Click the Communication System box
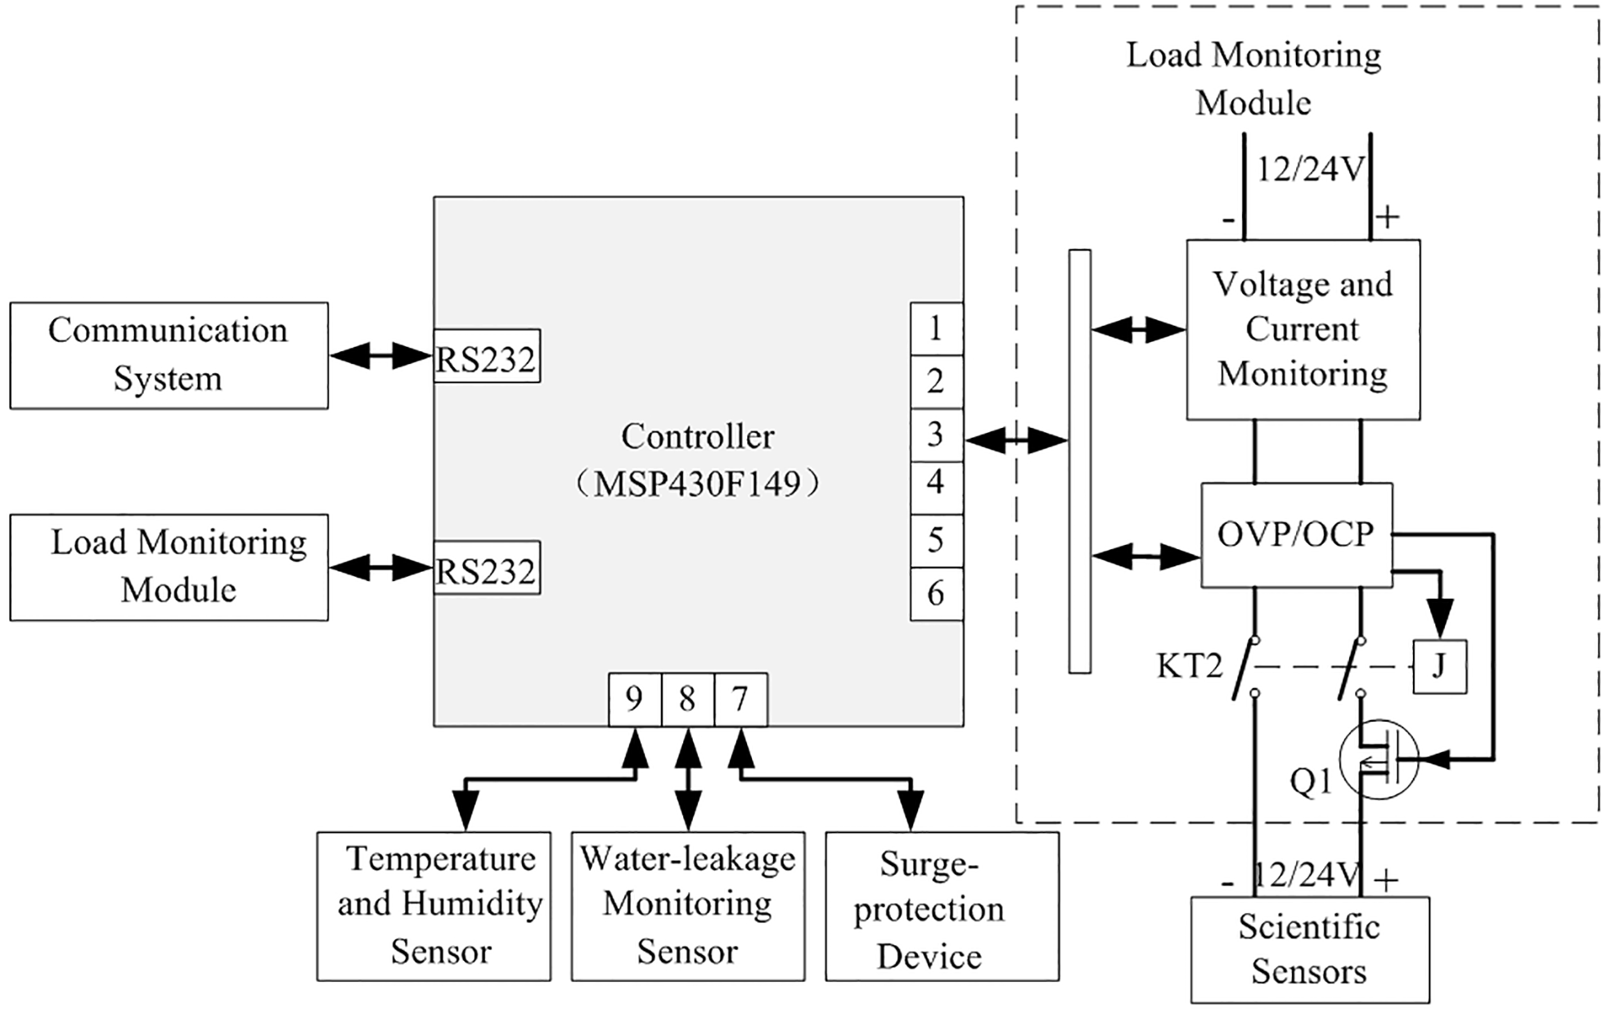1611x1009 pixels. [169, 355]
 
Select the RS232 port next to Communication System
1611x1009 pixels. [486, 357]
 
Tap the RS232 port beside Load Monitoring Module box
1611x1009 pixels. [486, 568]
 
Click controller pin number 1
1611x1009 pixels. [936, 328]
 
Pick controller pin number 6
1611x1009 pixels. [936, 593]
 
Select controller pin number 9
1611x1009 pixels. [634, 700]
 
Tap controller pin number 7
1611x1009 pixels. [740, 700]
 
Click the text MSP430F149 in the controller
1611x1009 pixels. [697, 484]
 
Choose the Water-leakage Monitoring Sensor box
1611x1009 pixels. [687, 906]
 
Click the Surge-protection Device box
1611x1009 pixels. [942, 906]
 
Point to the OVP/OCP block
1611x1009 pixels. [1296, 534]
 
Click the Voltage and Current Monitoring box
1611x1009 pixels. [1303, 329]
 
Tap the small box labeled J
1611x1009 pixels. [1439, 666]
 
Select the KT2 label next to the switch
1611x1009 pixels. [1189, 666]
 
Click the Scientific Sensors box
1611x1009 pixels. [1309, 949]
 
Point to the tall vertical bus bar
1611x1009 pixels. [1079, 461]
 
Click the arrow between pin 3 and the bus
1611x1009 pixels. [1016, 440]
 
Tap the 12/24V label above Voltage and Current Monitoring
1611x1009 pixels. [1309, 169]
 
